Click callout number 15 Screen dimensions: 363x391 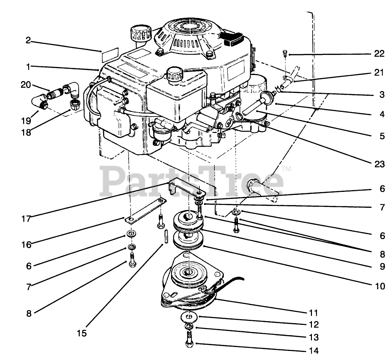pos(81,333)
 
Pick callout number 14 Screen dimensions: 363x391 pos(314,351)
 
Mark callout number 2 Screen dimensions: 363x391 pos(28,41)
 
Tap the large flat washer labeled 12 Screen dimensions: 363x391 pos(190,316)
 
